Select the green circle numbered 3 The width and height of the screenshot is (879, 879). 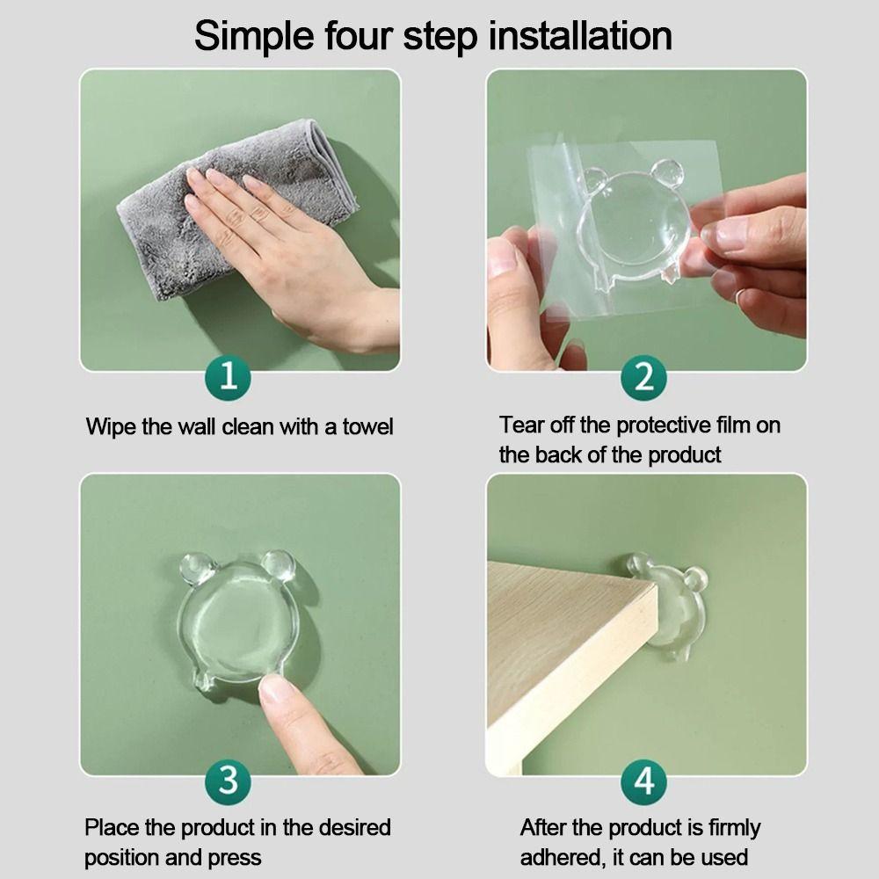(229, 780)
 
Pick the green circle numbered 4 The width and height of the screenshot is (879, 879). (644, 780)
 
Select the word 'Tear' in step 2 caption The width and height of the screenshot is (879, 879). (521, 425)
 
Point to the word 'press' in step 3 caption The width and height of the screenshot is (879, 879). (233, 857)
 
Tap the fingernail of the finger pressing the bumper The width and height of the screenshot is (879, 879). (275, 689)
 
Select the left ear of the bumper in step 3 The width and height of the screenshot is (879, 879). (195, 569)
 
